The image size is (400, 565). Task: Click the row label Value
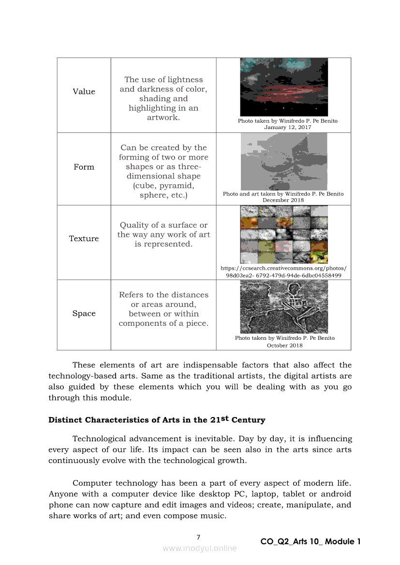(84, 92)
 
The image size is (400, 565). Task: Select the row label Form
(84, 167)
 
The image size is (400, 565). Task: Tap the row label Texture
(84, 239)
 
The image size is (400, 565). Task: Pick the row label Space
(84, 314)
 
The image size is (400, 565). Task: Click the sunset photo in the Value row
(284, 87)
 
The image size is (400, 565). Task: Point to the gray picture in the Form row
(284, 161)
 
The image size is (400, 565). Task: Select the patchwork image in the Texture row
(284, 234)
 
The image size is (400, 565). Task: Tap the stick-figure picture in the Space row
(284, 307)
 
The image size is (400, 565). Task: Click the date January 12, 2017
(288, 128)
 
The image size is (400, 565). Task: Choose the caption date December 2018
(283, 200)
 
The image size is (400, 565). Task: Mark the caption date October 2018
(285, 346)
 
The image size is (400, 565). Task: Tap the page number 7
(198, 537)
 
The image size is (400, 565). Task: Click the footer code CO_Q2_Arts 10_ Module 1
(311, 542)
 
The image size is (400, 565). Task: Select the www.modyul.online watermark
(200, 548)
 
